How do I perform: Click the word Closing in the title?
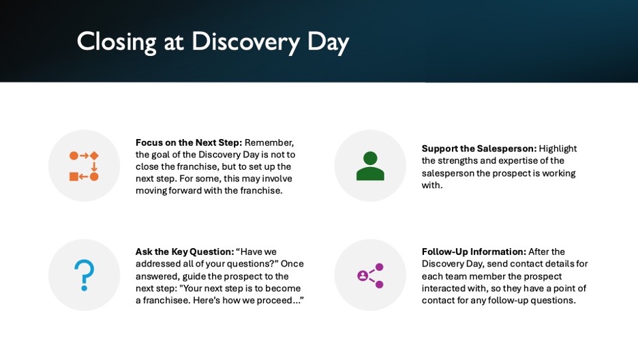coord(117,42)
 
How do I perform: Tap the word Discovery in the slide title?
coord(246,42)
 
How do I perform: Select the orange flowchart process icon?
coord(84,166)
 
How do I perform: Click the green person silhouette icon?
coord(370,166)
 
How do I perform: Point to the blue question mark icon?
coord(85,275)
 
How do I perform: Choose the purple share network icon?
coord(370,275)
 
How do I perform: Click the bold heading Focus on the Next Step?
coord(189,142)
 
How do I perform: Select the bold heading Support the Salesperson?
coord(479,149)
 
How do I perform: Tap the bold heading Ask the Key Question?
coord(185,252)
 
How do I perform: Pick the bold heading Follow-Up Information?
coord(474,252)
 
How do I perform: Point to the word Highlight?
coord(558,149)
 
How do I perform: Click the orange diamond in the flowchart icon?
coord(94,156)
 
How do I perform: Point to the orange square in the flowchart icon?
coord(74,177)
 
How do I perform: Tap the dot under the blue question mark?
coord(85,288)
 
